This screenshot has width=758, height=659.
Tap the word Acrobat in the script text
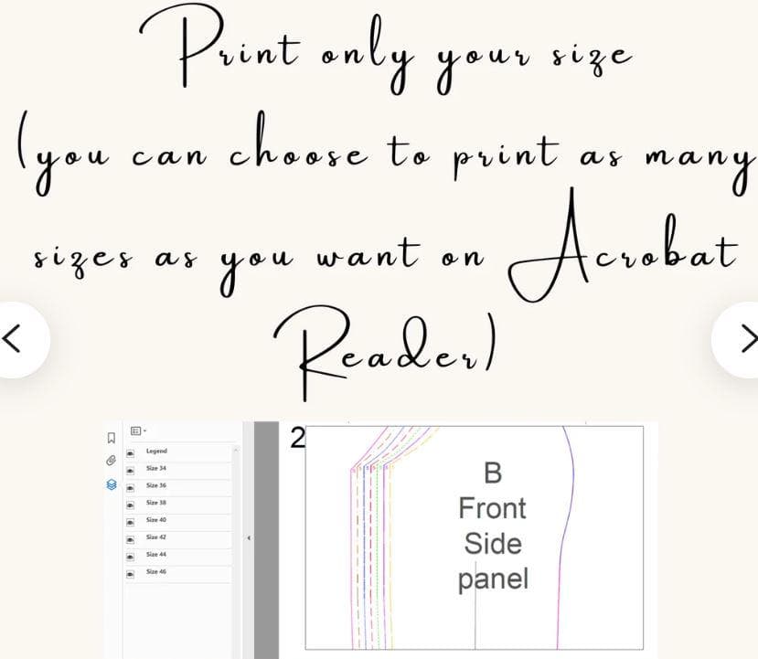pyautogui.click(x=624, y=247)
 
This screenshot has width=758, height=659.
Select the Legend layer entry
pyautogui.click(x=156, y=451)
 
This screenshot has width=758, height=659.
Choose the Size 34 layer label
pyautogui.click(x=156, y=468)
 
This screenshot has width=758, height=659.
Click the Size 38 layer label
pyautogui.click(x=156, y=503)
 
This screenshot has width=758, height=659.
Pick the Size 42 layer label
pyautogui.click(x=156, y=537)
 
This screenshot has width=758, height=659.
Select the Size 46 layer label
pyautogui.click(x=156, y=571)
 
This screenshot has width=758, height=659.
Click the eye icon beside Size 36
pyautogui.click(x=130, y=488)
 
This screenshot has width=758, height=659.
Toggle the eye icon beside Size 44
pyautogui.click(x=130, y=557)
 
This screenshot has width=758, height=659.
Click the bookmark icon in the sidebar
pyautogui.click(x=112, y=438)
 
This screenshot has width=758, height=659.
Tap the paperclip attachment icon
pyautogui.click(x=112, y=461)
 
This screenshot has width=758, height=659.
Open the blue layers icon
pyautogui.click(x=112, y=484)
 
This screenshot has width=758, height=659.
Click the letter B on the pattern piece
pyautogui.click(x=493, y=473)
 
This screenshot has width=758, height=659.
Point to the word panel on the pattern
pyautogui.click(x=493, y=579)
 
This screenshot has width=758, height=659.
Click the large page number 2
pyautogui.click(x=297, y=438)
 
